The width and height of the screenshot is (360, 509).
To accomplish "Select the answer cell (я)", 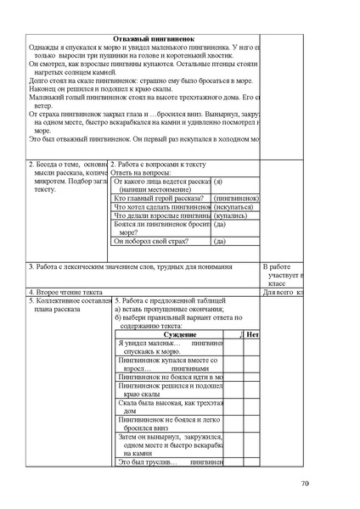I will (x=218, y=182).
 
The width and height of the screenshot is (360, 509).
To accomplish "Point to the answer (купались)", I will (x=230, y=216).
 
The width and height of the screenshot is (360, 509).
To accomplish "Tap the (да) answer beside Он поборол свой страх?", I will (x=220, y=242).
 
